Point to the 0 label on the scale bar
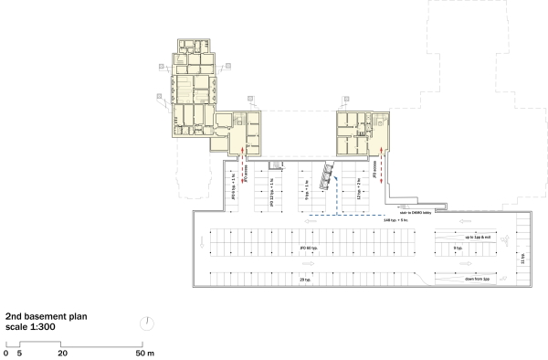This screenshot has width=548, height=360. pos(5,352)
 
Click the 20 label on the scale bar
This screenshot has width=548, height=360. pos(62,352)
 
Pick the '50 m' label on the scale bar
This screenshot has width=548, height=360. pos(145,352)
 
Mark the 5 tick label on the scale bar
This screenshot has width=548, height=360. pos(19,352)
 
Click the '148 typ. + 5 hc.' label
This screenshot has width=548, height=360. pos(383,220)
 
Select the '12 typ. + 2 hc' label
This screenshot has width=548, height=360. pos(358,188)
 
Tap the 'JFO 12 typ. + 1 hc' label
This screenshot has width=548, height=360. pos(272,191)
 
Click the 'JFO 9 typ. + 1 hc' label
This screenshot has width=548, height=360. pos(237,188)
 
